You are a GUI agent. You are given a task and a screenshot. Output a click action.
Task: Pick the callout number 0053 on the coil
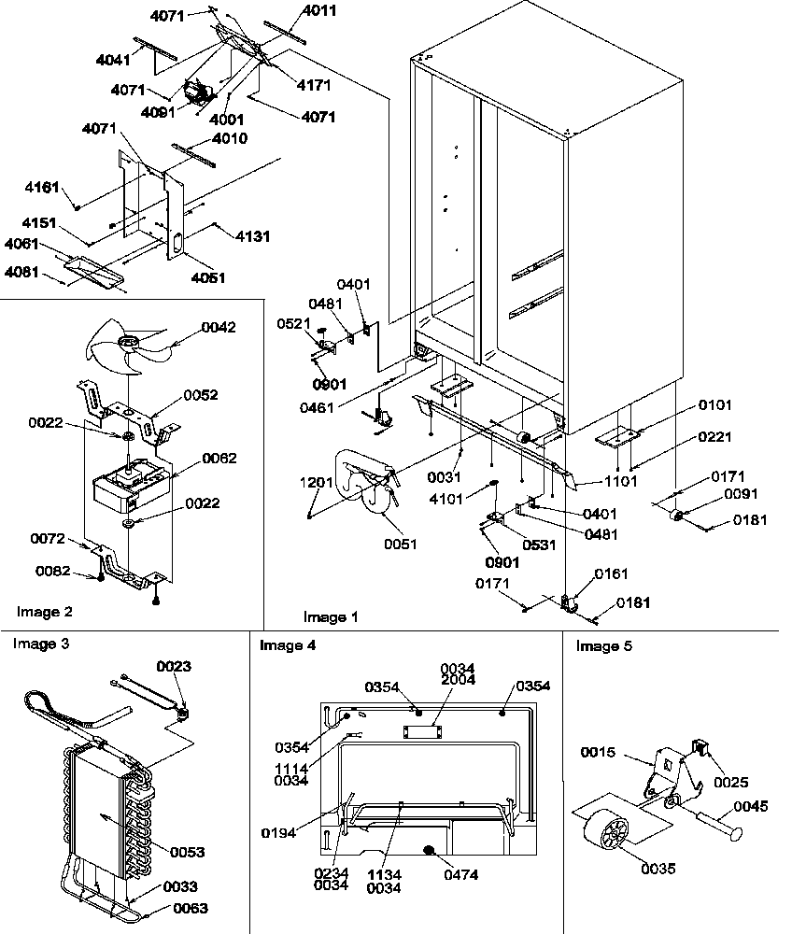tap(188, 852)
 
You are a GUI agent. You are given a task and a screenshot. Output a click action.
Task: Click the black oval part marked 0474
tap(431, 851)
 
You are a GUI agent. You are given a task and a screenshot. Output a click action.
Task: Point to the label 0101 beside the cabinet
tap(714, 405)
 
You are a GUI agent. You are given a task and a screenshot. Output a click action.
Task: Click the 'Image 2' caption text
tap(44, 612)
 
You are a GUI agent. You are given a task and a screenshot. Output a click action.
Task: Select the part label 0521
tap(294, 324)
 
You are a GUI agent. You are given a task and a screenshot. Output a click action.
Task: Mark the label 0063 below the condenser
tap(190, 907)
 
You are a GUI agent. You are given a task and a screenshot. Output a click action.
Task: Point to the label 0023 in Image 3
tap(174, 667)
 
